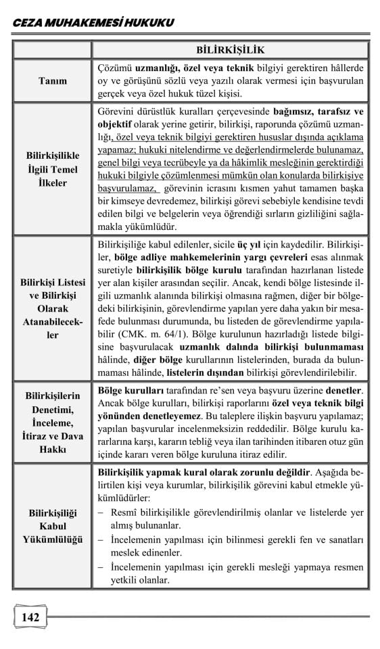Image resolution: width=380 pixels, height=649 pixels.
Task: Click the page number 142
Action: coord(30,617)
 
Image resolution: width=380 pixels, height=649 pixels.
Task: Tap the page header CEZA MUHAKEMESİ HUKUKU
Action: coord(93,23)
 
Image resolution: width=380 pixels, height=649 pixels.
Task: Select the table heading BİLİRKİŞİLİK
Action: coord(230,49)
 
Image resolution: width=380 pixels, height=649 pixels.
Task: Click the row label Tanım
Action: coord(52,80)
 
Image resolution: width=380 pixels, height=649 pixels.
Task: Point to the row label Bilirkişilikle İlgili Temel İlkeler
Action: coord(52,169)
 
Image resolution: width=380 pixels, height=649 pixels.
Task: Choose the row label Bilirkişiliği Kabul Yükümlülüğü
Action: coord(52,526)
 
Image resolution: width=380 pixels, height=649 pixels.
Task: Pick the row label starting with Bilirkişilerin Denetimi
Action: coord(52,422)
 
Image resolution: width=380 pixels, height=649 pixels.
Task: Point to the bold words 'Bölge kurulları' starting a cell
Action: coord(129,391)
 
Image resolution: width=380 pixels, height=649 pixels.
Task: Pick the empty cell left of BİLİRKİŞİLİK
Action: coord(52,49)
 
